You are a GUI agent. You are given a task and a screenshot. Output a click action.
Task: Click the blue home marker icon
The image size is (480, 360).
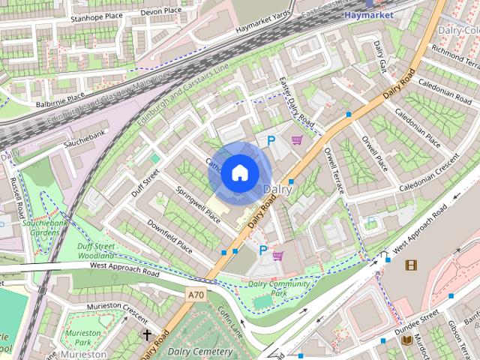[x=238, y=172]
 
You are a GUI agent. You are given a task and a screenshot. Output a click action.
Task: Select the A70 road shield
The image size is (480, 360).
[x=196, y=295]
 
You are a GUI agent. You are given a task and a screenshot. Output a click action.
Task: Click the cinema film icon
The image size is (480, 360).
[x=410, y=265]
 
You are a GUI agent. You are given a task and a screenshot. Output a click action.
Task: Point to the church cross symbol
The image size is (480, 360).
[x=147, y=334]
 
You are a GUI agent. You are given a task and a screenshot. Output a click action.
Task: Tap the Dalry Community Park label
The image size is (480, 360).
[x=279, y=289]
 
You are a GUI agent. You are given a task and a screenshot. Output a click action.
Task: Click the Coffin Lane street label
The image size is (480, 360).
[x=230, y=320]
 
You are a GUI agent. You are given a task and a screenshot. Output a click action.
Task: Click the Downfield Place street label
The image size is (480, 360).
[x=169, y=236]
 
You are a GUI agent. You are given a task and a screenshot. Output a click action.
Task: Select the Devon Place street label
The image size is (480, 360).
[x=161, y=11]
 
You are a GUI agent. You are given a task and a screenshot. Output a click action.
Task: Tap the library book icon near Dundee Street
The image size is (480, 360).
[x=406, y=340]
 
